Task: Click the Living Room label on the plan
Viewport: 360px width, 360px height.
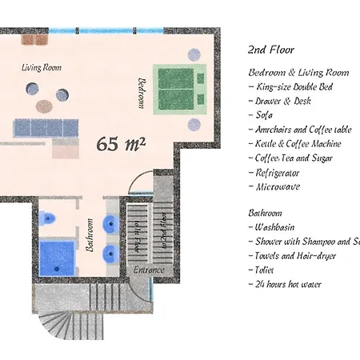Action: tap(41, 68)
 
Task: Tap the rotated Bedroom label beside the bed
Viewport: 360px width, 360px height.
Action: tap(142, 93)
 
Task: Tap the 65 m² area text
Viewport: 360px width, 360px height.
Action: tap(121, 144)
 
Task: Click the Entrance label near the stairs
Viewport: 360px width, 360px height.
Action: tap(149, 270)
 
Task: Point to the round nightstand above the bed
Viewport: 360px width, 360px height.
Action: tap(194, 54)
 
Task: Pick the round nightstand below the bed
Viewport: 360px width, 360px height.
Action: tap(194, 125)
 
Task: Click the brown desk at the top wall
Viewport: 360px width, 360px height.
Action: tap(34, 38)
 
